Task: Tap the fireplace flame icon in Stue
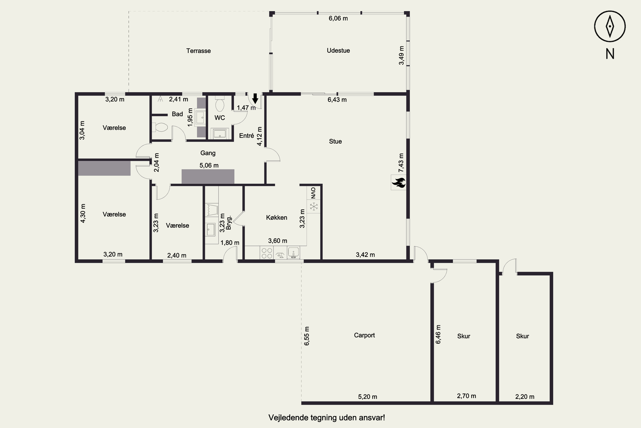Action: (398, 182)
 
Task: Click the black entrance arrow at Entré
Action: (255, 98)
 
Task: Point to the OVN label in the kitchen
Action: (313, 193)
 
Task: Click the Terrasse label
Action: (198, 51)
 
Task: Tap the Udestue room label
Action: (338, 51)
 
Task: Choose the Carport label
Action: (364, 335)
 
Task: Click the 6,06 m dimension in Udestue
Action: (338, 18)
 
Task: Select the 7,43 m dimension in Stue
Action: (401, 163)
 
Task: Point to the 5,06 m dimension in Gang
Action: (209, 165)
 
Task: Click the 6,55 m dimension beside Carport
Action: (307, 336)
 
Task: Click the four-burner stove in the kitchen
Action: (266, 253)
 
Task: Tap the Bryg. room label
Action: (229, 223)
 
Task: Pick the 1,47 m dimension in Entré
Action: (246, 108)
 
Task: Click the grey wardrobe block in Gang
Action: (208, 177)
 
